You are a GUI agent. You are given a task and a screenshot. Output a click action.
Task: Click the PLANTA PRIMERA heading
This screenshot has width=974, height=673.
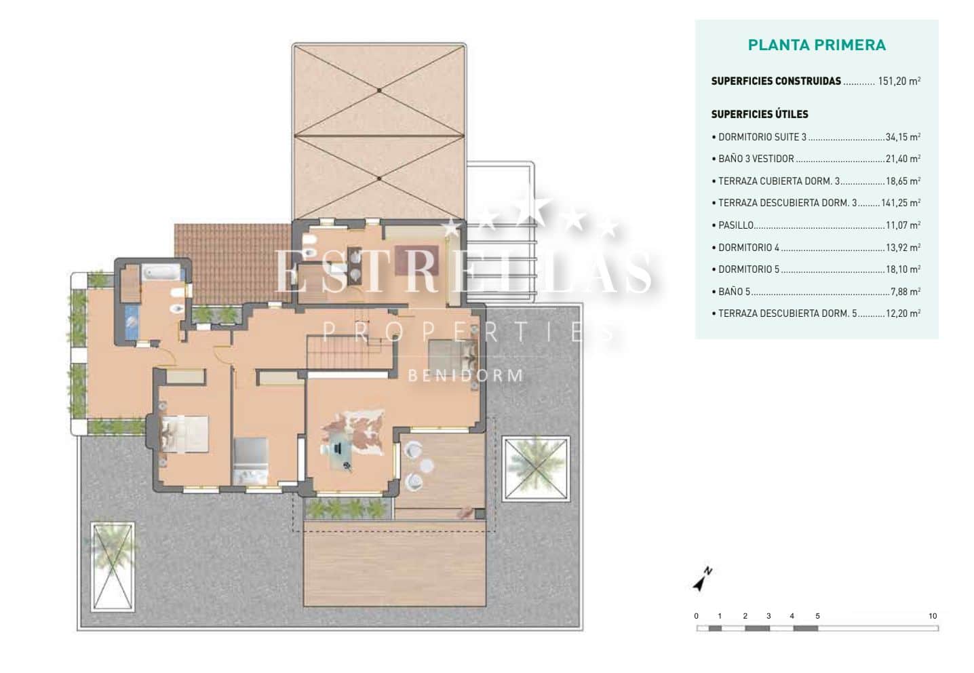pos(817,45)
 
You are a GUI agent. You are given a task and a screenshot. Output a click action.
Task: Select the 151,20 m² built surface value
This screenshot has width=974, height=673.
pos(899,81)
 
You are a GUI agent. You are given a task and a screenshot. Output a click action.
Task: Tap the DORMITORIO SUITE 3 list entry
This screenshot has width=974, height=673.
pos(762,138)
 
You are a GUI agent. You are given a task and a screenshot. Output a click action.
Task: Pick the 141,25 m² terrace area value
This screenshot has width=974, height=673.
pos(901,203)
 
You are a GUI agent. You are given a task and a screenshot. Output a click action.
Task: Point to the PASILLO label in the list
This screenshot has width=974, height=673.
pos(736,225)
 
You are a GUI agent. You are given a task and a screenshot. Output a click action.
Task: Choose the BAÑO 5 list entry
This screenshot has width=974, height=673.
pos(735,292)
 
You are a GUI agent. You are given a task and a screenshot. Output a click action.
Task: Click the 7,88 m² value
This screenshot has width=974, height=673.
pos(905,292)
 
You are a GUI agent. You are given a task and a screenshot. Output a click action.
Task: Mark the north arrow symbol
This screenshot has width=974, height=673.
pos(702,579)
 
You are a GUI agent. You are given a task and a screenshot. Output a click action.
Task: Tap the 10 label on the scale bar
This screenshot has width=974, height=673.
pos(933,616)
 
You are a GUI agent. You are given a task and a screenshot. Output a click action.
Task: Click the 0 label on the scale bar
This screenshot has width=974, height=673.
pos(696,616)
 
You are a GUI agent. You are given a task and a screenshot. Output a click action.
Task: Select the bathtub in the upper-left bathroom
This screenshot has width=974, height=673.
pos(161,273)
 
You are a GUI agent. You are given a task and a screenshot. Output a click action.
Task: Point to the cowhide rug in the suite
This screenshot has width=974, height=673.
pos(353,432)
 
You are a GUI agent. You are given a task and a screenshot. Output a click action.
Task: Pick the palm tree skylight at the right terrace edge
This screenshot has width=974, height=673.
pos(536,469)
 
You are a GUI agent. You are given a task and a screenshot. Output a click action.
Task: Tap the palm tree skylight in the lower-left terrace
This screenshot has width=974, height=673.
pos(113,567)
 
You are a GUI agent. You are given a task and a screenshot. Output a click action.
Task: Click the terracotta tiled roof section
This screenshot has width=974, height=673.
pos(233,264)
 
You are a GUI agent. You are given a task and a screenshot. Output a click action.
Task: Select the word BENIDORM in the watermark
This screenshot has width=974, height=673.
pos(466,375)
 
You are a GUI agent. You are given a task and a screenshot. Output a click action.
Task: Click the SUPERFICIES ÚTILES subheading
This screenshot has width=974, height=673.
pos(760,115)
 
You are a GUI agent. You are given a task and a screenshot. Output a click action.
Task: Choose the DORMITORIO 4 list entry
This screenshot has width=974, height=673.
pos(749,248)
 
